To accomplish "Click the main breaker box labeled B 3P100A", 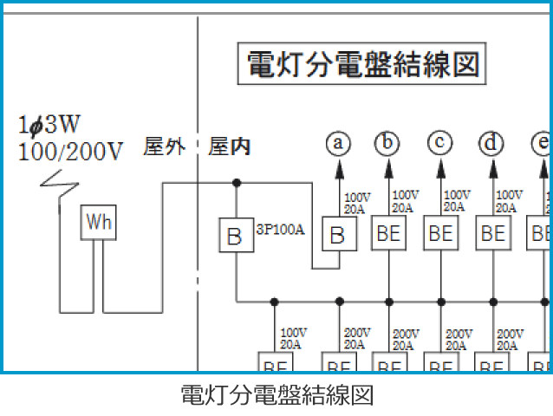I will click(234, 234).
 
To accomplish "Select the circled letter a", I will click(339, 143).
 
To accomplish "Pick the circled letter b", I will click(388, 143).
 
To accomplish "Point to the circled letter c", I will click(440, 143).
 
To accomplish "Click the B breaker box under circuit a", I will click(339, 234).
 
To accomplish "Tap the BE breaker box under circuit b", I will click(389, 233).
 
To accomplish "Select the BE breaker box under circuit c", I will click(440, 233).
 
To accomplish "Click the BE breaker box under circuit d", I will click(492, 233).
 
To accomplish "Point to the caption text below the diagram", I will click(276, 395).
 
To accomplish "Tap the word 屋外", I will click(164, 147).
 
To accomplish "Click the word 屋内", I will click(231, 147).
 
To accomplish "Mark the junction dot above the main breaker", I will click(235, 183).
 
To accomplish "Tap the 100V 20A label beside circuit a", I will click(358, 202).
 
